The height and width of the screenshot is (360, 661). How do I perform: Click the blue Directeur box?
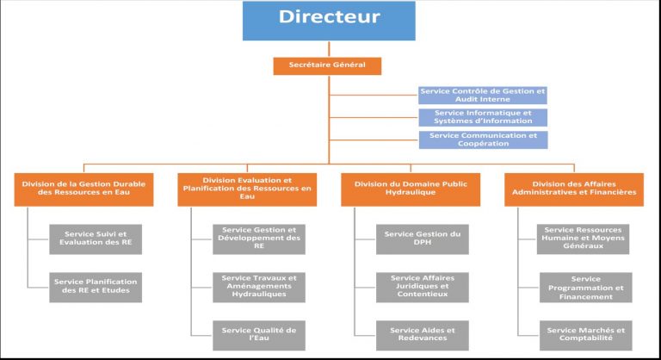[329, 21]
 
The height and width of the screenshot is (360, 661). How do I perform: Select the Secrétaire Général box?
[327, 65]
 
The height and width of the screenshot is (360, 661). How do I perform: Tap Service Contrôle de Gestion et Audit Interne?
[483, 96]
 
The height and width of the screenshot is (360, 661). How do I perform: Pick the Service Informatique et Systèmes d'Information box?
[483, 117]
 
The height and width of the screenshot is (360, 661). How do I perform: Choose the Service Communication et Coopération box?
[483, 140]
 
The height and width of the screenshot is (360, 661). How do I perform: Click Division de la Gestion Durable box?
[83, 189]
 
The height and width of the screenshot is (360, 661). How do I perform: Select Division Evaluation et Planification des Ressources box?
[247, 189]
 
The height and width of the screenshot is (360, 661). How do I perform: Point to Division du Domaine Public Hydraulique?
[411, 189]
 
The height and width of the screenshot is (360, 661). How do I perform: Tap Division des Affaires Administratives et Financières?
[574, 189]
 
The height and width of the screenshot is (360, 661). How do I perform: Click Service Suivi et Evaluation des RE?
[96, 239]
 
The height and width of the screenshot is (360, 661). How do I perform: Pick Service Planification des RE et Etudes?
[96, 288]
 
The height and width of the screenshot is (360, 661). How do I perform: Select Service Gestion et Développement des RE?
[259, 239]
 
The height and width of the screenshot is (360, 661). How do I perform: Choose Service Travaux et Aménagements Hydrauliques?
[259, 288]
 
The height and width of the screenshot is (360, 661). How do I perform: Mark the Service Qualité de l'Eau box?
[259, 336]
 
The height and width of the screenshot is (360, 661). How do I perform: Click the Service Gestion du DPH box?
[423, 239]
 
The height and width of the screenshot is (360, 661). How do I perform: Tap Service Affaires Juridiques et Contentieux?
[423, 288]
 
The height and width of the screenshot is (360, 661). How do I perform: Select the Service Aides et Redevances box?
[423, 336]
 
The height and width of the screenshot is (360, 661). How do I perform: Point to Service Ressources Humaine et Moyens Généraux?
[583, 239]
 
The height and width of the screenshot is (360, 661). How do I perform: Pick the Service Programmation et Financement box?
[586, 288]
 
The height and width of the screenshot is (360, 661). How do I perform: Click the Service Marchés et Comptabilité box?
[586, 336]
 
